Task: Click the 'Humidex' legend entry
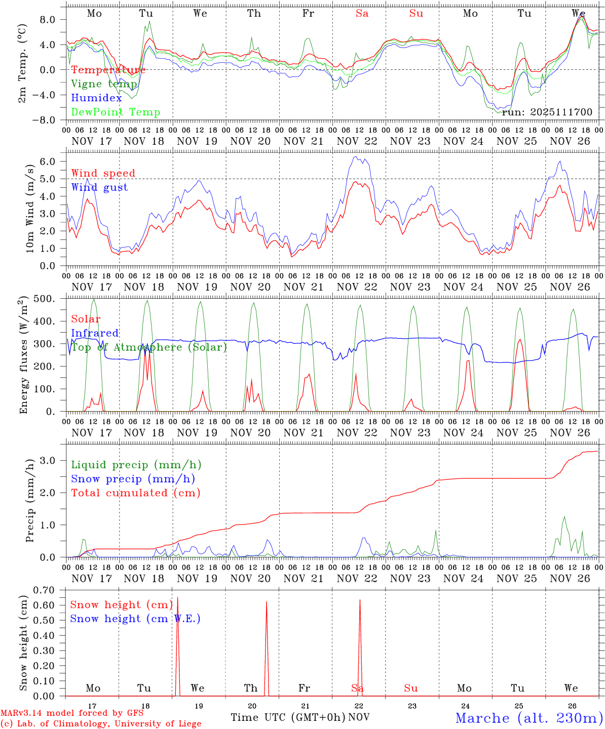tap(96, 98)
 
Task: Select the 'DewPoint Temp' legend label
tap(116, 112)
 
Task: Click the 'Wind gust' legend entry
tap(99, 187)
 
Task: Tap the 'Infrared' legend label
tap(95, 333)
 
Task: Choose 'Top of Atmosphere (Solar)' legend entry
tap(149, 347)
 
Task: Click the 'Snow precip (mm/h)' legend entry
tap(133, 479)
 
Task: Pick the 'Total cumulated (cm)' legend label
tap(135, 493)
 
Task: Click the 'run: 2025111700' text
tap(547, 112)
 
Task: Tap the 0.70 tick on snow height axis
tap(45, 590)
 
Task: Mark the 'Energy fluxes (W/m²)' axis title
tap(23, 356)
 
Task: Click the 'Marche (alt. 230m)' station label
tap(529, 718)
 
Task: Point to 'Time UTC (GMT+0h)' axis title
tap(288, 717)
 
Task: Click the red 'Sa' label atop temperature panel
tap(362, 14)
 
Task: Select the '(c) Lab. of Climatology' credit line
tap(101, 724)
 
